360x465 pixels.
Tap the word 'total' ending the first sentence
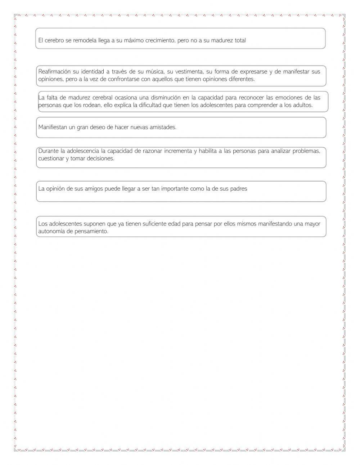pyautogui.click(x=240, y=41)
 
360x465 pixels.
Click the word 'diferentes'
pyautogui.click(x=242, y=79)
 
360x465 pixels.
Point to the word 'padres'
pyautogui.click(x=239, y=189)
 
